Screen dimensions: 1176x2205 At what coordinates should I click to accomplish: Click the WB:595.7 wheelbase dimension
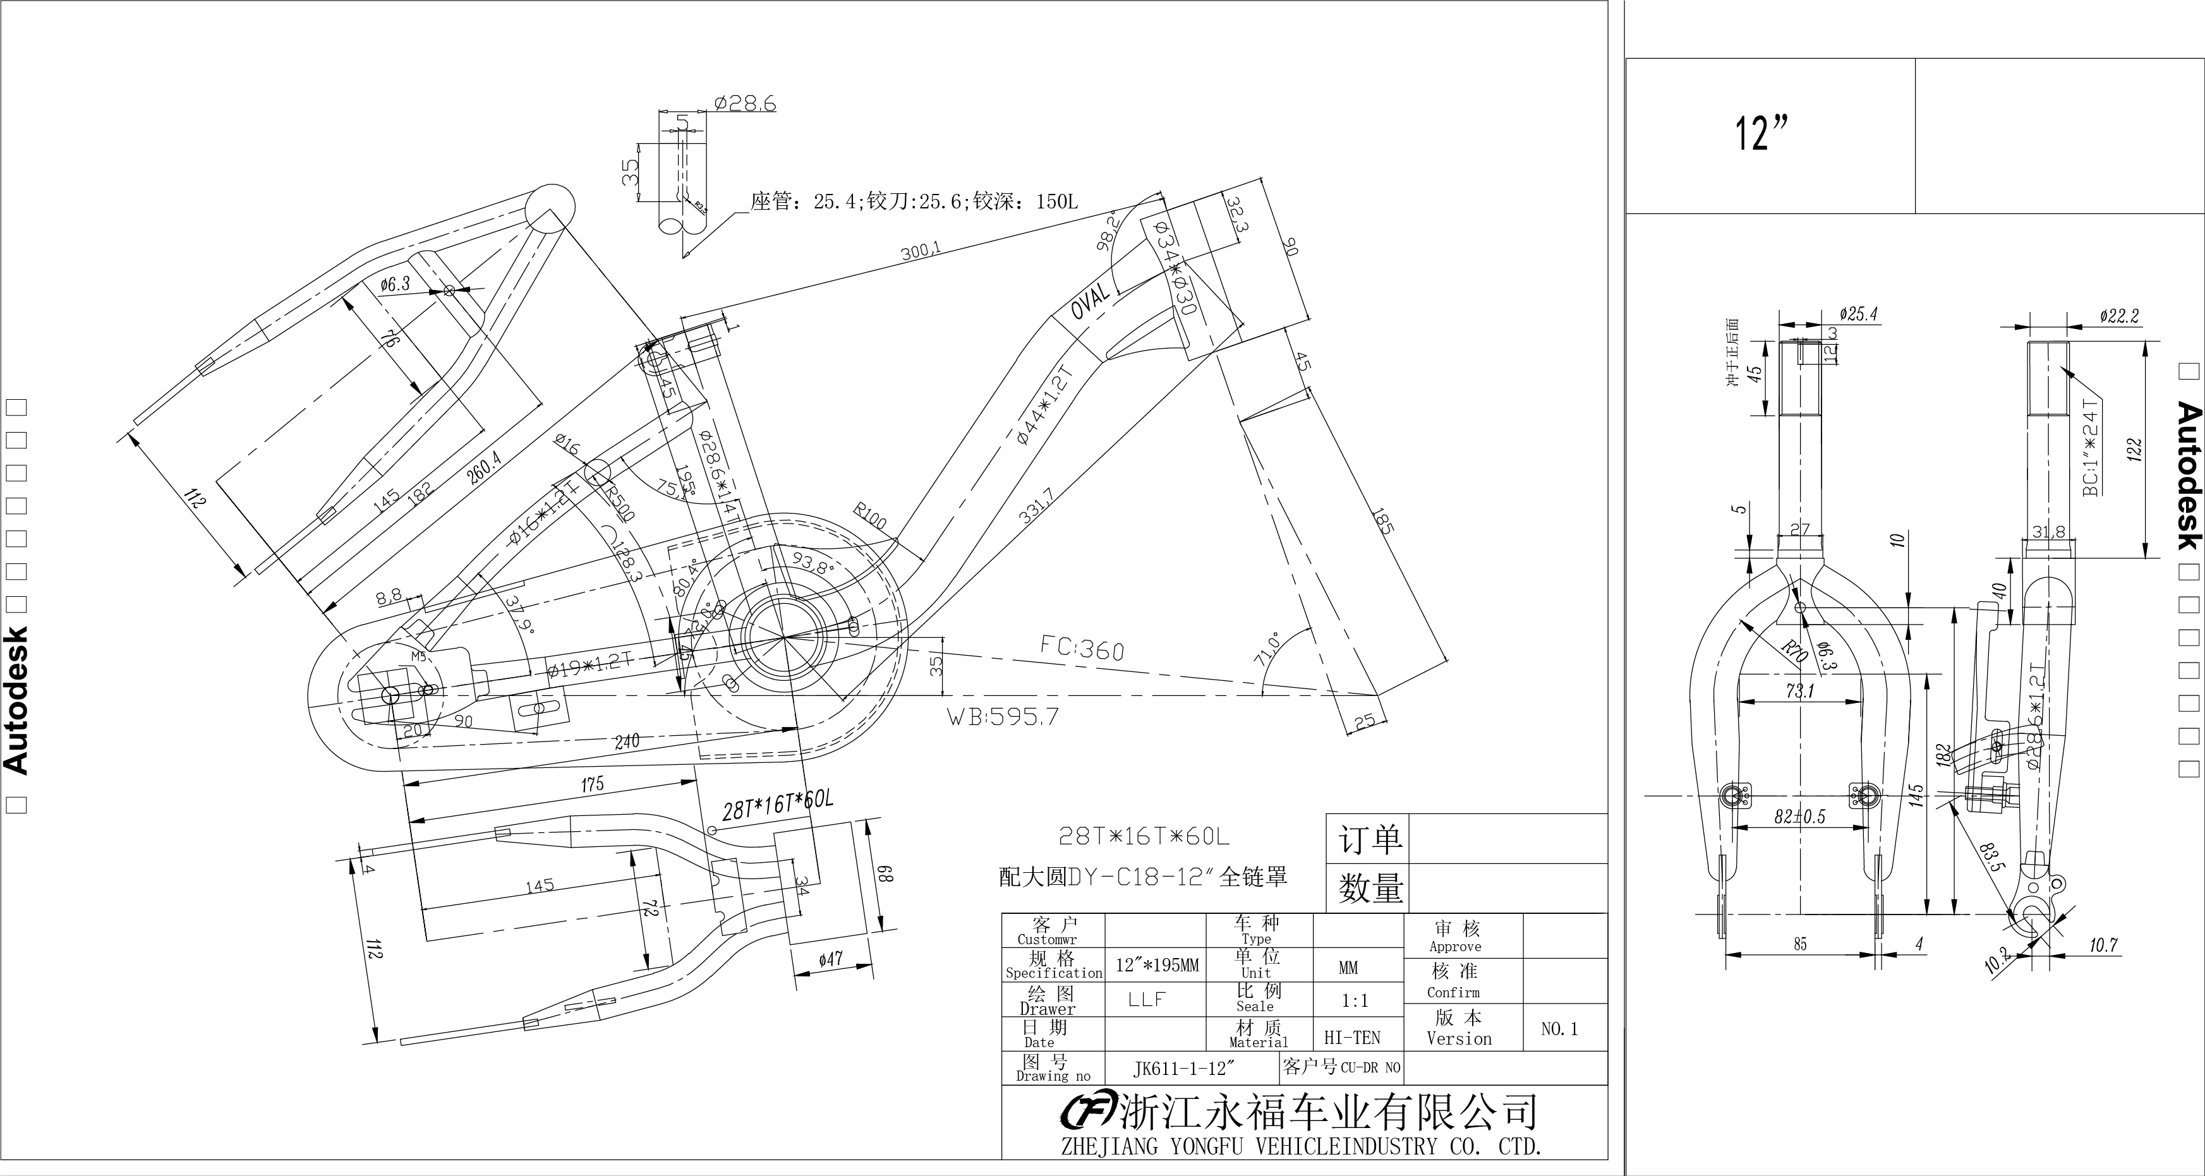(x=1002, y=716)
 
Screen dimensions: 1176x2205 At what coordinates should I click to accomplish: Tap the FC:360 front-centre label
(x=1082, y=648)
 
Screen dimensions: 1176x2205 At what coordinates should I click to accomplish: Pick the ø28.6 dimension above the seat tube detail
(x=745, y=104)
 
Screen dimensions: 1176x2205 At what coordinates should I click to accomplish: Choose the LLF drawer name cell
(x=1147, y=999)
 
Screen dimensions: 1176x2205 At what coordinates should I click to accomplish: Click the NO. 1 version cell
(x=1559, y=1029)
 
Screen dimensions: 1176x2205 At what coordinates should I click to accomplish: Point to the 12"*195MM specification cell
(x=1156, y=966)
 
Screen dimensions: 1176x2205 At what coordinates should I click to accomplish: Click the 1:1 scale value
(x=1354, y=1000)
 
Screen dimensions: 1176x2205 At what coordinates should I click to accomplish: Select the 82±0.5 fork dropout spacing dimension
(x=1799, y=817)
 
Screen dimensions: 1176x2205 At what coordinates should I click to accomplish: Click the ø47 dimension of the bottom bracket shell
(x=830, y=959)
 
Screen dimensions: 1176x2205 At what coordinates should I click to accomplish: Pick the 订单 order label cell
(x=1370, y=839)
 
